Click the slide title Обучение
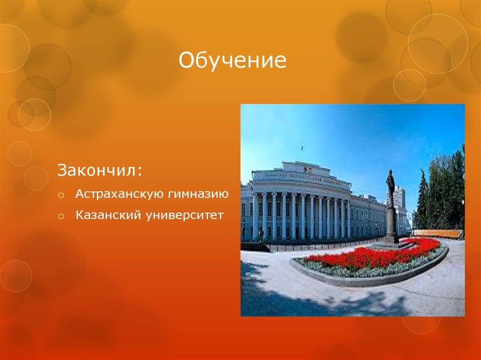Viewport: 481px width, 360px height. (x=232, y=61)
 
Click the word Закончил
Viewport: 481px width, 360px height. (x=97, y=170)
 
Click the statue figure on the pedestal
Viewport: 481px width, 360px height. (x=390, y=188)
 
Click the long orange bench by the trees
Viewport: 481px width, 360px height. (x=437, y=233)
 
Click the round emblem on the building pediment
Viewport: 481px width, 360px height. (x=308, y=169)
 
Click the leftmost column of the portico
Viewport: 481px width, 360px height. (x=256, y=216)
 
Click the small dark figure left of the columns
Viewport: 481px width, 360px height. (x=261, y=235)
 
